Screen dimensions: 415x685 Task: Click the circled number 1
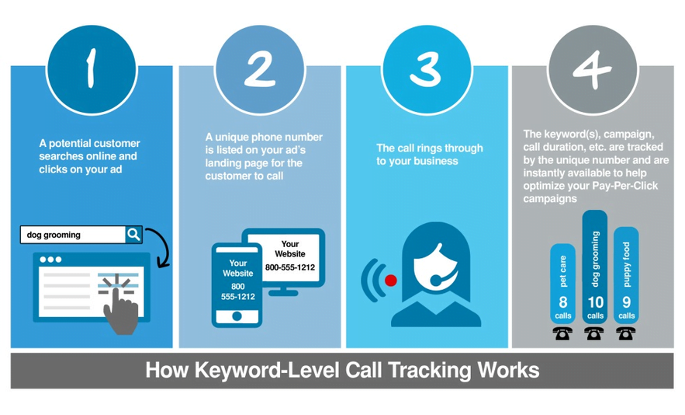(91, 68)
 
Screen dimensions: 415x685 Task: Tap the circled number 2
(259, 68)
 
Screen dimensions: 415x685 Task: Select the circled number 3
(425, 68)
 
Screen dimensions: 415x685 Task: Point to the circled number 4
(593, 68)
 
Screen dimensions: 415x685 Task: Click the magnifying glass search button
(133, 234)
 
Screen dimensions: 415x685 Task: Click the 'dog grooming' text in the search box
(54, 235)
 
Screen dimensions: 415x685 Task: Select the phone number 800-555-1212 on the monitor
(289, 268)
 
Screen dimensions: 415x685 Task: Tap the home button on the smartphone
(237, 316)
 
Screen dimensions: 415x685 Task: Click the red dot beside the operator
(391, 281)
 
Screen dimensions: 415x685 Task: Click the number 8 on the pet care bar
(563, 302)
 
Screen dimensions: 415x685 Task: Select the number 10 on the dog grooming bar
(595, 302)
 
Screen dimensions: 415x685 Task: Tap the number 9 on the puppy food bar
(626, 302)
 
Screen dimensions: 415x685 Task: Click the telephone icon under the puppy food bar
(625, 333)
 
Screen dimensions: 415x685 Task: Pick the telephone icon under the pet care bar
(562, 333)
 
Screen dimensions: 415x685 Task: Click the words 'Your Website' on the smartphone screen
(237, 268)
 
